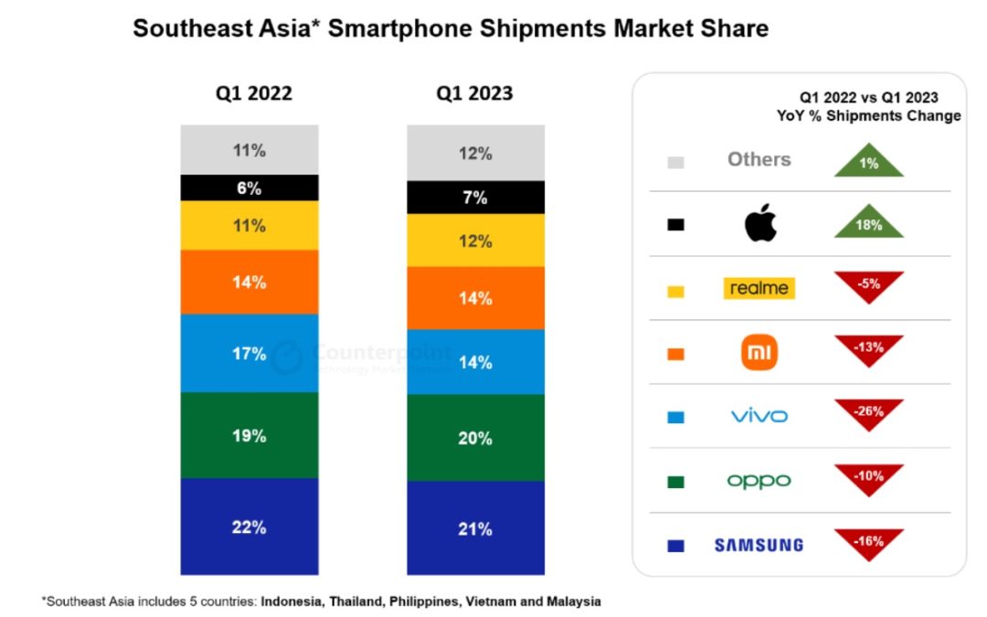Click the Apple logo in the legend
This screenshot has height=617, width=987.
[x=759, y=224]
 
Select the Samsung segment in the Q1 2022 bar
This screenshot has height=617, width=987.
[x=249, y=526]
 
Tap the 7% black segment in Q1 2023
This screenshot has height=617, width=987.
[x=475, y=197]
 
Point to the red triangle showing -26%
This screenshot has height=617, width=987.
[x=868, y=413]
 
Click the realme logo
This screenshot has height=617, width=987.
[x=759, y=288]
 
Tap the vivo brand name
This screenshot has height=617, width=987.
[x=759, y=417]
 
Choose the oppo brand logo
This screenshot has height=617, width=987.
[x=759, y=481]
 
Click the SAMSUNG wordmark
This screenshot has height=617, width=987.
[x=759, y=545]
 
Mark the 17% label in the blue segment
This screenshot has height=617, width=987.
[x=249, y=353]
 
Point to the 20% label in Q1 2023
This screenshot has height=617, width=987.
[x=475, y=438]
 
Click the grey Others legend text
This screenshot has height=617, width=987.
[x=759, y=159]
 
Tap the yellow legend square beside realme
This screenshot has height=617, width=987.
[x=676, y=290]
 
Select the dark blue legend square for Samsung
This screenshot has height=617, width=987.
[x=676, y=546]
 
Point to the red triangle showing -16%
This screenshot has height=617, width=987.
[x=868, y=542]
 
